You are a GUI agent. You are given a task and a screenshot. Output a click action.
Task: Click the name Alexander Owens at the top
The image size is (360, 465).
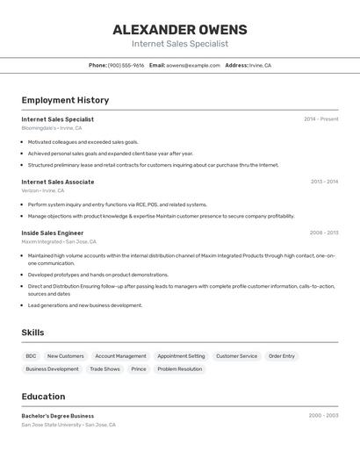click(180, 30)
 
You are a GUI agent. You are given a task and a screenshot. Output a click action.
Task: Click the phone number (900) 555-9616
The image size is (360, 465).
click(126, 65)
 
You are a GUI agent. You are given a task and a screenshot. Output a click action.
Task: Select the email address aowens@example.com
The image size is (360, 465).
click(193, 65)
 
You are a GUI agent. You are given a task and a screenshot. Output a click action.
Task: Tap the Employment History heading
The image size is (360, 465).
click(65, 100)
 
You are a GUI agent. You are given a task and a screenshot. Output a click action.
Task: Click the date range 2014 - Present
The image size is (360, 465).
click(320, 119)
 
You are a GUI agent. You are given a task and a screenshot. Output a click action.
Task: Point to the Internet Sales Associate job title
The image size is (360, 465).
click(58, 182)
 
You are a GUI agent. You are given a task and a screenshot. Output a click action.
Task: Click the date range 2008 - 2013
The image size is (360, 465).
click(323, 232)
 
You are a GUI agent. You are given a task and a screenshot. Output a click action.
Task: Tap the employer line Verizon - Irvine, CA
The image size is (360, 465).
click(43, 190)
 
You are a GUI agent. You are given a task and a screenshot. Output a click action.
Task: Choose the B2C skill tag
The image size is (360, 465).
click(31, 356)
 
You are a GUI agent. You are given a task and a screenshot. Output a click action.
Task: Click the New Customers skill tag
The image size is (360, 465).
click(66, 356)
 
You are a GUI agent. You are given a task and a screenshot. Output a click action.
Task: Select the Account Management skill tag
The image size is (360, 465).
click(120, 356)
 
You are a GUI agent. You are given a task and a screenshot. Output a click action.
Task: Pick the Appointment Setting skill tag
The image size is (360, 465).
click(181, 356)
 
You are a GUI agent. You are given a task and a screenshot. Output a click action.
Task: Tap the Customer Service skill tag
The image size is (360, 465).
click(237, 356)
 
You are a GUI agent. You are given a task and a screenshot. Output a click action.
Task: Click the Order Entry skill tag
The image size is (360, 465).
click(282, 356)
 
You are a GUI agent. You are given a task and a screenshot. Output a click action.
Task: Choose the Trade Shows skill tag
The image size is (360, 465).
click(104, 369)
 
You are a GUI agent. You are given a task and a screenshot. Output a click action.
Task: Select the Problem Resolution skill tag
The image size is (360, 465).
click(180, 369)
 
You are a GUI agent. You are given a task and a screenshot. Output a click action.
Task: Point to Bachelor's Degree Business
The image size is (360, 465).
click(58, 416)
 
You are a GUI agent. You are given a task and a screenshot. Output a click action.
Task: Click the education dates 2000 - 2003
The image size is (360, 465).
click(323, 416)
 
